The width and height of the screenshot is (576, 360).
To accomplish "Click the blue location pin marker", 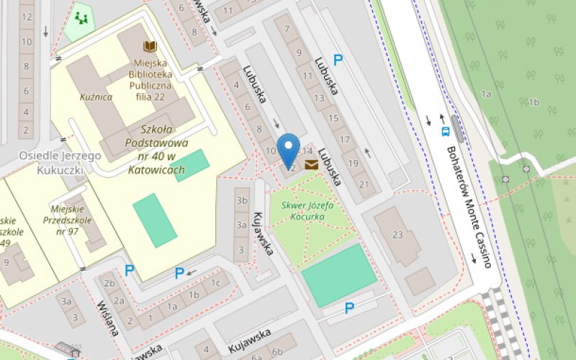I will [x=289, y=150].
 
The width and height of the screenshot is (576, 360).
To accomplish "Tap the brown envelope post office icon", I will [x=311, y=166].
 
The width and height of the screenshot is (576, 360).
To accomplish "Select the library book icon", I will [x=150, y=48].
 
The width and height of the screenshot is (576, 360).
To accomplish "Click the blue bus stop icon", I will [x=446, y=132].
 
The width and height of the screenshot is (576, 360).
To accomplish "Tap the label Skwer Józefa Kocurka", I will [x=312, y=210].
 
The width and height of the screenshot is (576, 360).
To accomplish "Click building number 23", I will [x=397, y=234].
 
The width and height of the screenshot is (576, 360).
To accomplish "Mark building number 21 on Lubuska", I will [x=364, y=185].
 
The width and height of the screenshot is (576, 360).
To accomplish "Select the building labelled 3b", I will [x=242, y=200].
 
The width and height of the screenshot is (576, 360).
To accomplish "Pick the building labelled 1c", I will [x=215, y=282].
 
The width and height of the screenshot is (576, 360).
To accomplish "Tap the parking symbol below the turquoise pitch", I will [x=349, y=308].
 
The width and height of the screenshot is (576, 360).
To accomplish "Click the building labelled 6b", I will [x=277, y=351].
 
